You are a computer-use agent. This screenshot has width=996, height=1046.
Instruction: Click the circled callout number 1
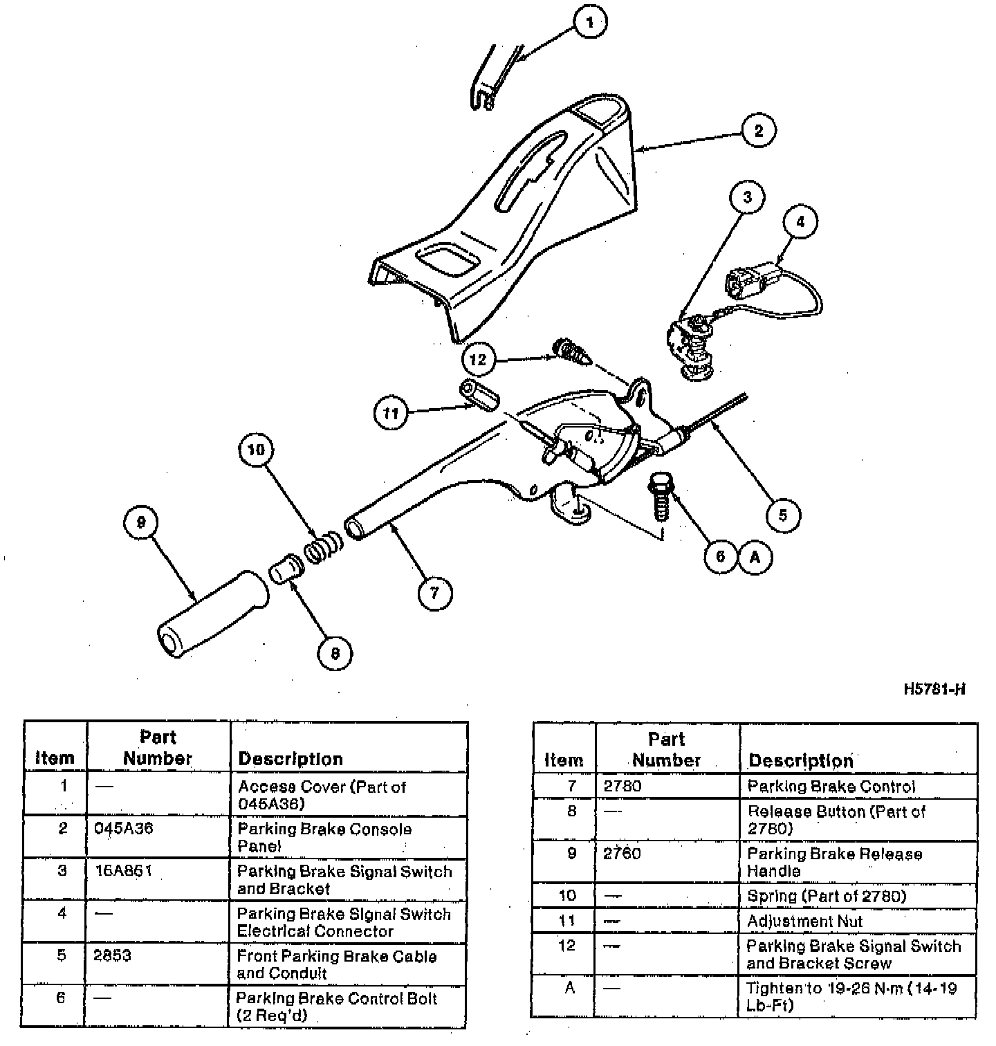(589, 22)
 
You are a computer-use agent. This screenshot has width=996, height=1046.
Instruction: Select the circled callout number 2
(758, 131)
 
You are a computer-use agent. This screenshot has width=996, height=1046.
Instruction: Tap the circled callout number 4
(801, 222)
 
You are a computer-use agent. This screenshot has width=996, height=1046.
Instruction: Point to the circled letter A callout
(755, 557)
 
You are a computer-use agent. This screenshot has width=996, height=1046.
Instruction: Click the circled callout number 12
(478, 359)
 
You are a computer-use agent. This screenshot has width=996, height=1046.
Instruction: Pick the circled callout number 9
(141, 522)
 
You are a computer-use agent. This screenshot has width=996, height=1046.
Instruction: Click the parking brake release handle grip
(211, 613)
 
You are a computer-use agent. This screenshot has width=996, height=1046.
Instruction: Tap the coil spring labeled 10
(323, 547)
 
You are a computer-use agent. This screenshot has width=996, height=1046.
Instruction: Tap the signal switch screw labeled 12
(570, 351)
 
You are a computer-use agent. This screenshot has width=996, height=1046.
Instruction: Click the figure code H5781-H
(934, 689)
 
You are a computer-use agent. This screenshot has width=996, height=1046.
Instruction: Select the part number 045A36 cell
(124, 829)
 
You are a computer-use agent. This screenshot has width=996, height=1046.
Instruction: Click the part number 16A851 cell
(123, 871)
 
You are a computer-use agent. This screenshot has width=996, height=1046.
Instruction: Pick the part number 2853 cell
(113, 956)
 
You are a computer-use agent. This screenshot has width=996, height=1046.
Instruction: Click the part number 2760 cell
(622, 854)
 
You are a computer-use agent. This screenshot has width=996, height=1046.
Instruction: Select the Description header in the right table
(801, 761)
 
